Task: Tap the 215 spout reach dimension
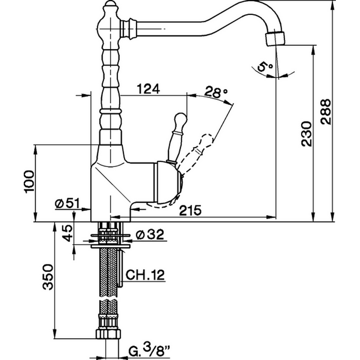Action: tap(190, 211)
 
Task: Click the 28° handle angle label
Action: tap(216, 92)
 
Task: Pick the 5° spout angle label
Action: tap(265, 67)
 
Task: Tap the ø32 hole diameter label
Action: tap(150, 235)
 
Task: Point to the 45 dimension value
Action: tap(67, 234)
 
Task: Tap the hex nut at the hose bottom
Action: tap(108, 333)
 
